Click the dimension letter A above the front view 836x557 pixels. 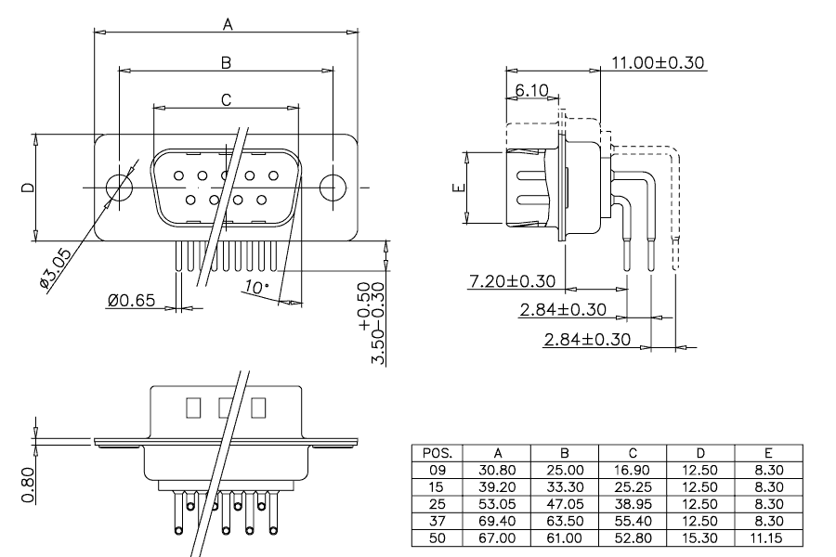click(x=228, y=24)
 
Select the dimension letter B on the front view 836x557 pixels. click(x=226, y=63)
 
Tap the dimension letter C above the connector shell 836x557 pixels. click(x=226, y=100)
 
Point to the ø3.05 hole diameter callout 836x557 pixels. click(x=55, y=268)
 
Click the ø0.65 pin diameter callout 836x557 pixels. click(x=131, y=301)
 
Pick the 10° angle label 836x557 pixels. click(x=256, y=287)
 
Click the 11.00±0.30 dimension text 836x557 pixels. click(x=658, y=63)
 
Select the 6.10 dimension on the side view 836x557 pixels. click(x=531, y=91)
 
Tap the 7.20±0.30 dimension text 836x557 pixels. click(x=513, y=281)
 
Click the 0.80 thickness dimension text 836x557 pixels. click(x=28, y=485)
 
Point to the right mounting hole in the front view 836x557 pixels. click(x=333, y=188)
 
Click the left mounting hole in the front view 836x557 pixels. click(x=119, y=188)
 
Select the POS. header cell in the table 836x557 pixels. click(x=438, y=453)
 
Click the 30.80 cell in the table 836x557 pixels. click(x=497, y=470)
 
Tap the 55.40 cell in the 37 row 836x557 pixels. click(x=633, y=521)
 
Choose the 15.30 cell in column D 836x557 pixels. click(x=700, y=538)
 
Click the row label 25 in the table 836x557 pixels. click(x=437, y=504)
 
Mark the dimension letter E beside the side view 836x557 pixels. click(x=459, y=188)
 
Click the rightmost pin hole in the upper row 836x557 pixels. click(x=273, y=175)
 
